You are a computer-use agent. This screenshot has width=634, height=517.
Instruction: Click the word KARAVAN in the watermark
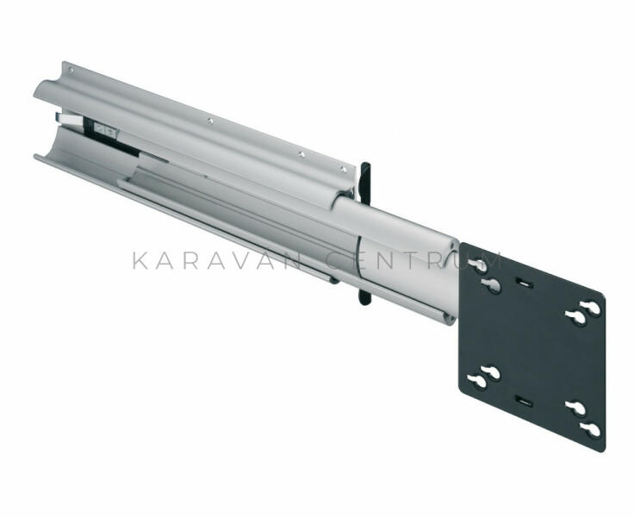pyautogui.click(x=217, y=261)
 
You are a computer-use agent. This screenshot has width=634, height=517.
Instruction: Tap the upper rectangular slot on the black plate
pyautogui.click(x=524, y=283)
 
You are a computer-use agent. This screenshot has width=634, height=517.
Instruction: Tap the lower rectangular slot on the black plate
pyautogui.click(x=523, y=402)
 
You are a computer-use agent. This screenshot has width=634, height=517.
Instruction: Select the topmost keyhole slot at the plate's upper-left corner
pyautogui.click(x=478, y=265)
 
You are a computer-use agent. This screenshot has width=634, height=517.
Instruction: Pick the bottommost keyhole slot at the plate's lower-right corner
pyautogui.click(x=590, y=429)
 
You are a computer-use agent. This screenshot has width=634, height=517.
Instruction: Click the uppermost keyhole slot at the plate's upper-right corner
pyautogui.click(x=590, y=308)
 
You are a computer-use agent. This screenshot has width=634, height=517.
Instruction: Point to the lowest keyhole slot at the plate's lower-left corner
pyautogui.click(x=477, y=381)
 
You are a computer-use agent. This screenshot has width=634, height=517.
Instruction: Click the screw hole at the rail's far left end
pyautogui.click(x=71, y=71)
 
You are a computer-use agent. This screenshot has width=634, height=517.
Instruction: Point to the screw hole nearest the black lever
pyautogui.click(x=343, y=169)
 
